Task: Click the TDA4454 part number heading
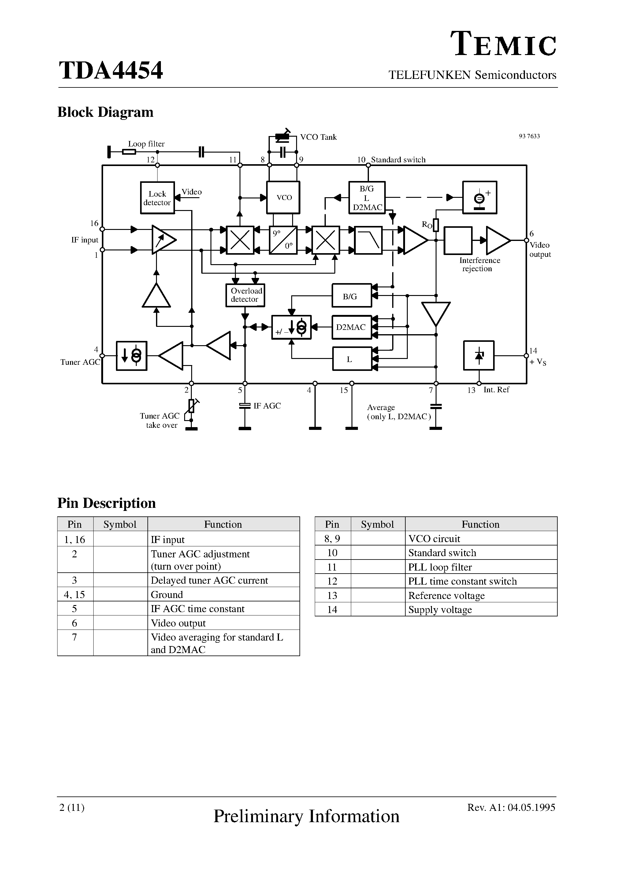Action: pyautogui.click(x=111, y=71)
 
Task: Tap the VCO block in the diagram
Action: pyautogui.click(x=283, y=198)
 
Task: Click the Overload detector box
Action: pyautogui.click(x=245, y=295)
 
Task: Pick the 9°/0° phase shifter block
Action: pyautogui.click(x=283, y=240)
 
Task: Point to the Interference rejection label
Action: pyautogui.click(x=479, y=264)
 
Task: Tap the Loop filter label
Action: pyautogui.click(x=146, y=144)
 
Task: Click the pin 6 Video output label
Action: pyautogui.click(x=540, y=249)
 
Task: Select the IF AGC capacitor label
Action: pyautogui.click(x=267, y=406)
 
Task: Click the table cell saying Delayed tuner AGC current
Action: pyautogui.click(x=209, y=580)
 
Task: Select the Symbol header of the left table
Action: pyautogui.click(x=120, y=524)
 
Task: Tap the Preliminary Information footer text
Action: pyautogui.click(x=306, y=816)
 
